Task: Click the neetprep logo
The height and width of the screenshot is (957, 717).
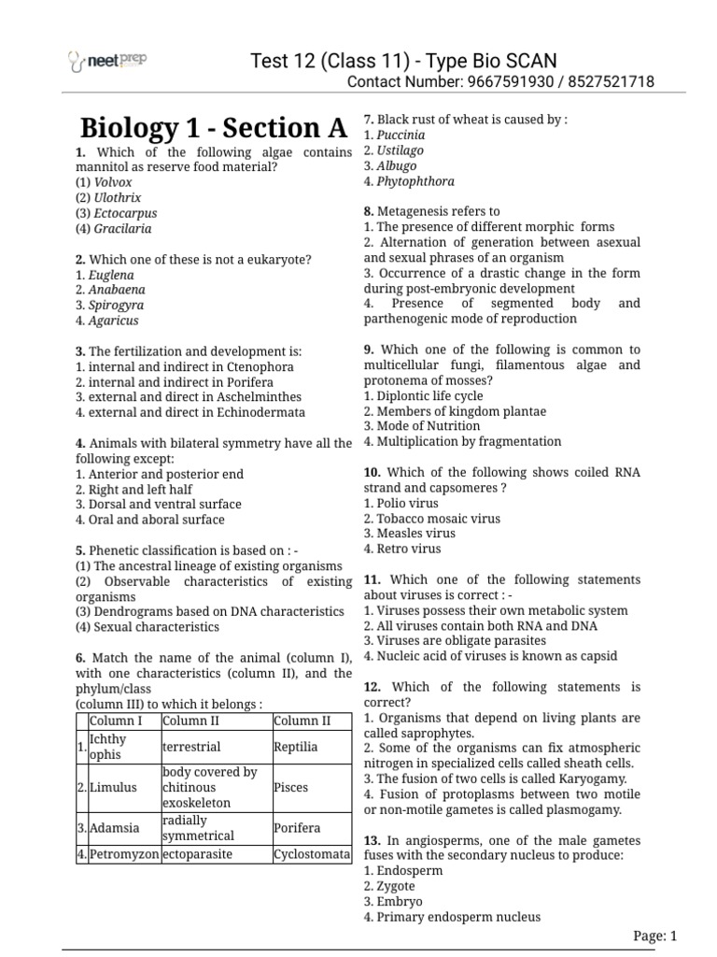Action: click(x=108, y=61)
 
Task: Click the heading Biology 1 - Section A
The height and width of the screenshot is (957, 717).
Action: click(x=214, y=128)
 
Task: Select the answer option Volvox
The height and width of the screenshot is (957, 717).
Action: click(x=113, y=182)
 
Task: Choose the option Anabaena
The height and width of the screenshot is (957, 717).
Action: click(x=117, y=290)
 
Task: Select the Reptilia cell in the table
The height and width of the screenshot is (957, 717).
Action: click(x=296, y=747)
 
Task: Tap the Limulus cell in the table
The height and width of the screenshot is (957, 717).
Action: click(x=113, y=787)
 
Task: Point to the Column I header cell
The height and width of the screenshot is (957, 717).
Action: click(x=116, y=721)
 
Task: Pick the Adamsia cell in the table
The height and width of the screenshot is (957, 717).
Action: click(x=115, y=828)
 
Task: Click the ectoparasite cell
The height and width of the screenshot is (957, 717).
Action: click(x=197, y=854)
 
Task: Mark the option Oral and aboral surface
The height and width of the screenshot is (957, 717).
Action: click(x=156, y=520)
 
